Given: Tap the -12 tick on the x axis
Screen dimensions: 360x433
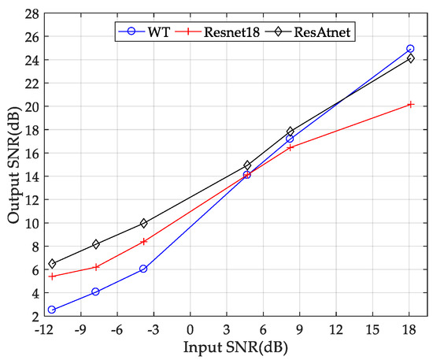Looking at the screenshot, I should click(44, 330).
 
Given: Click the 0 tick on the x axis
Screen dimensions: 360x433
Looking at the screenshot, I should click(190, 330).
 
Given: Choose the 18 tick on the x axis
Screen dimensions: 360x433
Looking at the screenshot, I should click(409, 330).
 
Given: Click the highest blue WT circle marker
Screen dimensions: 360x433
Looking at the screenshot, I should click(410, 49).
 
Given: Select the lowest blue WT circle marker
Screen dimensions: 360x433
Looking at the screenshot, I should click(51, 310).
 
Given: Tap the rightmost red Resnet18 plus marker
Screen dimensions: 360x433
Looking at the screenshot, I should click(410, 104).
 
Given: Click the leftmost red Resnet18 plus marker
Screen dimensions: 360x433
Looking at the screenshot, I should click(51, 276).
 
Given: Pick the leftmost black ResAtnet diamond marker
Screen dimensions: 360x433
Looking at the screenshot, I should click(51, 264).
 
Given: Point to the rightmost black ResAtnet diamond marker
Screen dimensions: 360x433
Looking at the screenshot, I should click(410, 58).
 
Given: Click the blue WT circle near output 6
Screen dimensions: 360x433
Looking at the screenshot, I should click(143, 269).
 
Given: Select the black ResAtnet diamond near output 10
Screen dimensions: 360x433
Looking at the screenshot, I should click(143, 223).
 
